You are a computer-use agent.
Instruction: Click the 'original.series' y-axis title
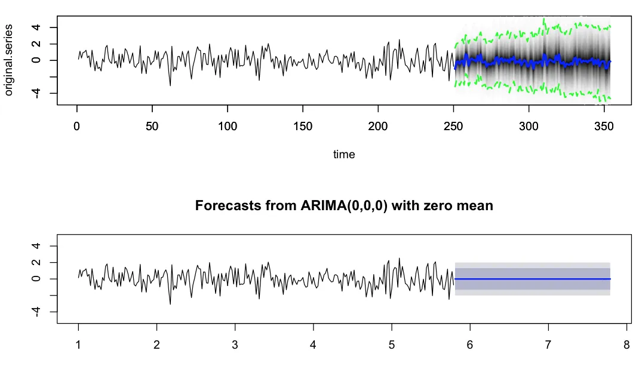[8, 60]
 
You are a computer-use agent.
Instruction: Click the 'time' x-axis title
[344, 154]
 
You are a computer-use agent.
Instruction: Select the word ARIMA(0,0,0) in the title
[344, 205]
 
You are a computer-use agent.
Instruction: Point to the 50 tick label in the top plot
[152, 126]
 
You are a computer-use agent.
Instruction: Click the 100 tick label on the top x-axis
[228, 126]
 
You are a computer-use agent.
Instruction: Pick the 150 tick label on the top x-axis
[303, 126]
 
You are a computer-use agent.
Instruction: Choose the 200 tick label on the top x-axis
[378, 126]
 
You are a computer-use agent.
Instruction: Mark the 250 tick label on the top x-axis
[453, 126]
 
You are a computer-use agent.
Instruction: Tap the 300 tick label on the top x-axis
[529, 126]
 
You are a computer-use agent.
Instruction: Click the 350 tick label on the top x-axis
[604, 126]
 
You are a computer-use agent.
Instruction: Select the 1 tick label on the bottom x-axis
[78, 345]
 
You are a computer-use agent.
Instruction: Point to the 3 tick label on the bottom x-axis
[235, 345]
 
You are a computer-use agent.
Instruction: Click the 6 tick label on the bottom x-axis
[470, 345]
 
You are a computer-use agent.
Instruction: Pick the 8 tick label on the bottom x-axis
[626, 345]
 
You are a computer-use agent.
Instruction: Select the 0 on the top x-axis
[76, 126]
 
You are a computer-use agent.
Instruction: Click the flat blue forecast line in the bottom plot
[532, 279]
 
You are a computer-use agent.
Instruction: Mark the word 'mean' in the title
[477, 206]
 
